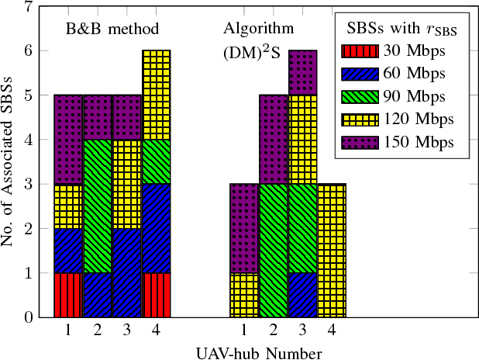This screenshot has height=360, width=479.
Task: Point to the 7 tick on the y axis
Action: click(29, 7)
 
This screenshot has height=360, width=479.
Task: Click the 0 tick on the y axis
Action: click(29, 317)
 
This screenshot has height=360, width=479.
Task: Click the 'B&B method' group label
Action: click(112, 29)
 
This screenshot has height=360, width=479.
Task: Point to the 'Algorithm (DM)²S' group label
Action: click(259, 40)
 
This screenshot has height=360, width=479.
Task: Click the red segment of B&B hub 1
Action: click(68, 295)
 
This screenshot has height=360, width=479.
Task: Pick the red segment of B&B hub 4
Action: click(156, 295)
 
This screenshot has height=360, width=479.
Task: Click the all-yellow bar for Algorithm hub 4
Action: click(332, 251)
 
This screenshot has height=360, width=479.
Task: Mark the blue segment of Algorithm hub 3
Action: click(302, 295)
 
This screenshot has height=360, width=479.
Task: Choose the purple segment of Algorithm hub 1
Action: click(244, 228)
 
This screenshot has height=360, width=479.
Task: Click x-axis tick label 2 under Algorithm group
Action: click(273, 331)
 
